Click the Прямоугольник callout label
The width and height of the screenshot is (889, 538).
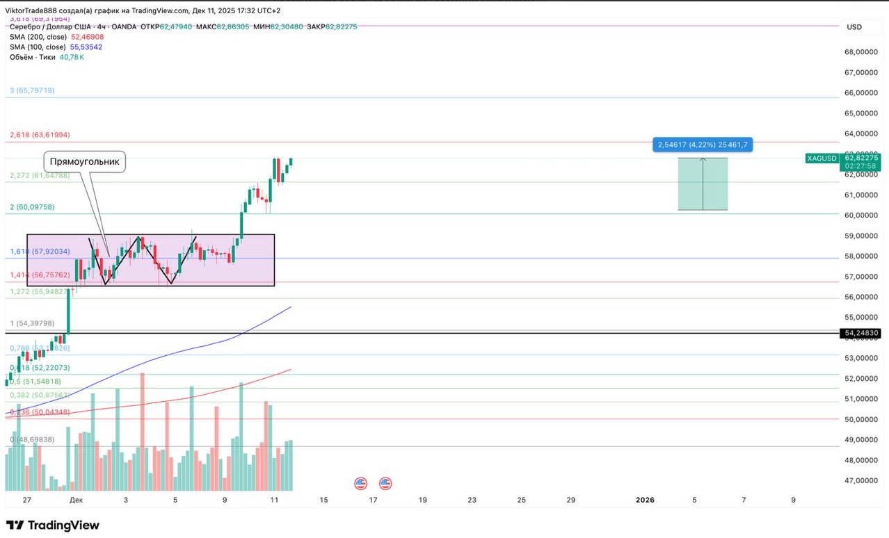pyautogui.click(x=85, y=162)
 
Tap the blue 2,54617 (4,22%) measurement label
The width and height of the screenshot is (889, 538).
pyautogui.click(x=702, y=145)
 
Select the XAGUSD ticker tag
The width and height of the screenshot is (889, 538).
pyautogui.click(x=822, y=158)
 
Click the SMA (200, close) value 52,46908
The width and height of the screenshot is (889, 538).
pyautogui.click(x=88, y=37)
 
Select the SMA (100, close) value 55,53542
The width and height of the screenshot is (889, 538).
pyautogui.click(x=86, y=47)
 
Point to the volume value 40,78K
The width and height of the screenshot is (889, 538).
pyautogui.click(x=72, y=57)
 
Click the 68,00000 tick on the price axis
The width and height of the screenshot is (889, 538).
pyautogui.click(x=860, y=52)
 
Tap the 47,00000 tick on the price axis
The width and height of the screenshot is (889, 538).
pyautogui.click(x=860, y=480)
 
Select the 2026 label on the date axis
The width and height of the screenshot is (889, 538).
pyautogui.click(x=646, y=500)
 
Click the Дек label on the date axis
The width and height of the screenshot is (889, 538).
pyautogui.click(x=77, y=500)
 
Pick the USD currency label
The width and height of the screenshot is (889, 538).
pyautogui.click(x=854, y=27)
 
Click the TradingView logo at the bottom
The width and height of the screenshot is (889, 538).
pyautogui.click(x=53, y=525)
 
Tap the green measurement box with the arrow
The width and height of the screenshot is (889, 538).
pyautogui.click(x=703, y=184)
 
